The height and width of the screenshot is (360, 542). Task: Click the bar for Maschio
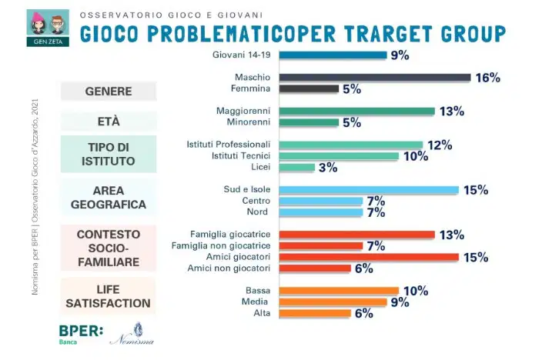point(375,78)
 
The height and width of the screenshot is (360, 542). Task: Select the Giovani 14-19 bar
point(333,55)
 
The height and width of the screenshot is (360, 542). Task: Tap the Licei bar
point(297,167)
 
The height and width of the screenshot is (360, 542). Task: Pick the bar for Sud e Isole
point(369,190)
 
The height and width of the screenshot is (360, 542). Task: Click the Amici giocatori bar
point(369,257)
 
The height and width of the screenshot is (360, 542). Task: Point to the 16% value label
point(488,78)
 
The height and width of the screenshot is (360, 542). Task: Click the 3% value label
point(328,168)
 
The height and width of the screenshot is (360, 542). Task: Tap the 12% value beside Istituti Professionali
point(440,145)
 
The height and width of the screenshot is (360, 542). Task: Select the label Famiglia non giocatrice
point(221,245)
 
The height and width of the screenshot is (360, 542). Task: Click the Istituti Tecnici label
point(241,156)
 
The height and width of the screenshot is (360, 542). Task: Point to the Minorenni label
point(249,122)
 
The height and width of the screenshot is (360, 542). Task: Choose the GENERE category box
point(109,92)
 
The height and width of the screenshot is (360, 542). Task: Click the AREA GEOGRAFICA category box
point(109,197)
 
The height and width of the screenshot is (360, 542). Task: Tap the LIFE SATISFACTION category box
point(108,296)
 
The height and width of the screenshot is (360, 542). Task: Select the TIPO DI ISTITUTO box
point(109,154)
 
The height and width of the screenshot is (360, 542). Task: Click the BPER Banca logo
point(81,335)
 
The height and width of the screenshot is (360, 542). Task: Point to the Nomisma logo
point(132,335)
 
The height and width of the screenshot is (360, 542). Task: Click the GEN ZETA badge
point(48,28)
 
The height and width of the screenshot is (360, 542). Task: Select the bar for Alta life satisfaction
point(315,313)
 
